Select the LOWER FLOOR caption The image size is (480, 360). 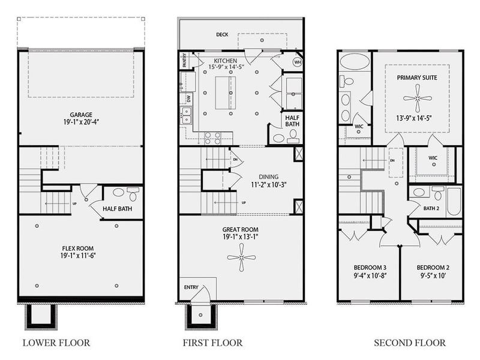pos(56,343)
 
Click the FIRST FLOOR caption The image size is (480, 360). pos(213,343)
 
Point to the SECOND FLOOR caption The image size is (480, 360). pos(410,343)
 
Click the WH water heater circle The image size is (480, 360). pos(298,62)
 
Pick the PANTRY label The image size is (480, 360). pos(184,59)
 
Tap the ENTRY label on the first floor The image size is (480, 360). pos(191,287)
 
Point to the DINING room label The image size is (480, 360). pos(268,176)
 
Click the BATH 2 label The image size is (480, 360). pos(431,209)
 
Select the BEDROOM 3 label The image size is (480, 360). pos(369,267)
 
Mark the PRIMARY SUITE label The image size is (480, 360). pos(416,77)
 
